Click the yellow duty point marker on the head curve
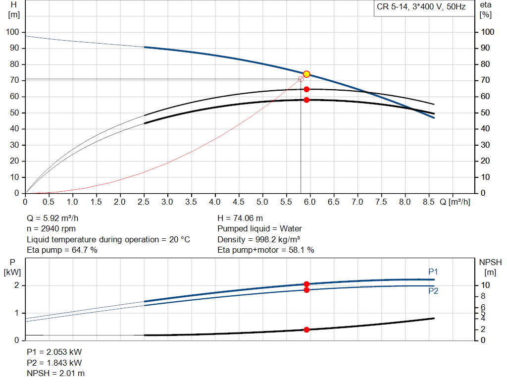(x=306, y=74)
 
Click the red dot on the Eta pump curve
(x=306, y=89)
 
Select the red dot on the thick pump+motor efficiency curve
(x=306, y=100)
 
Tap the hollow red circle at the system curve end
(x=301, y=79)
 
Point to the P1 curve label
(x=433, y=272)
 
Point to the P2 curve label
(x=433, y=291)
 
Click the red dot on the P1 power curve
(x=306, y=284)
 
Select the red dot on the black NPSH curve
(x=306, y=330)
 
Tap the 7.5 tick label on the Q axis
(x=381, y=202)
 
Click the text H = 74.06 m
(x=240, y=218)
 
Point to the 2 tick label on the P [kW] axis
(x=17, y=285)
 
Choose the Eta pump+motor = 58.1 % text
(x=266, y=250)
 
